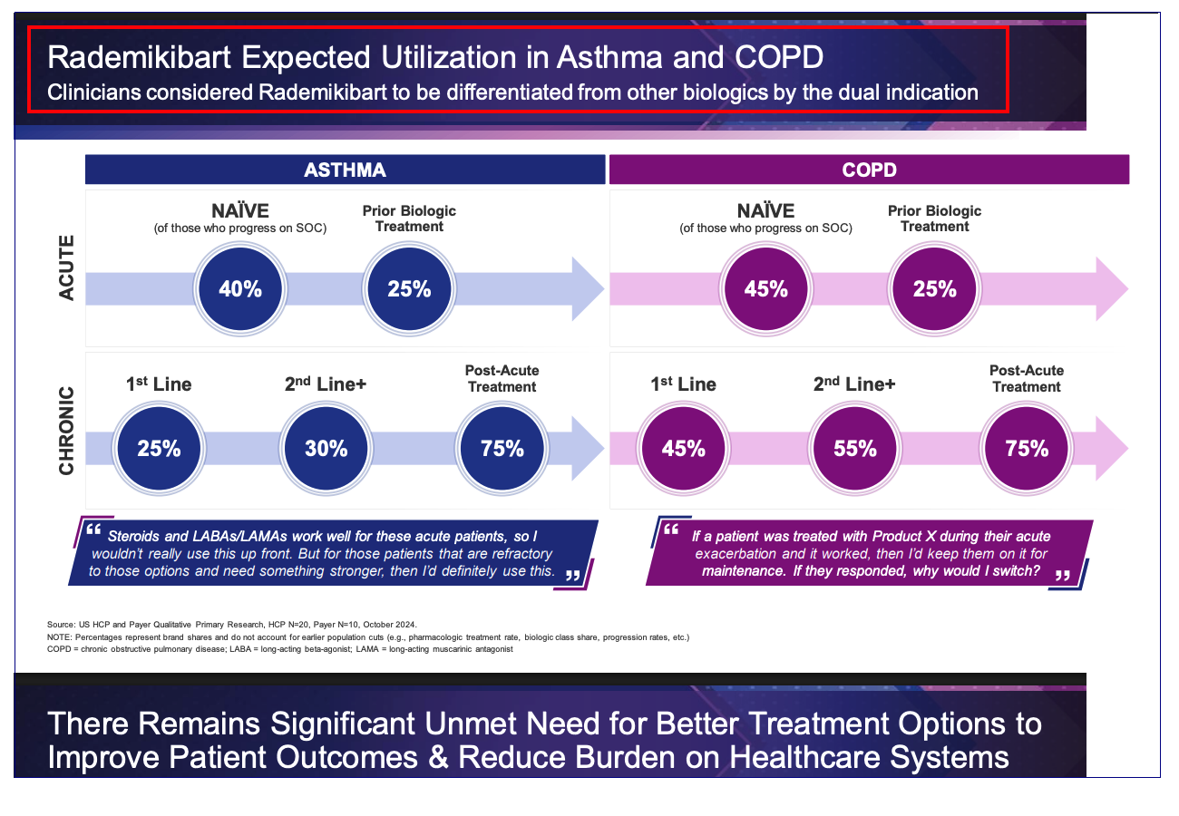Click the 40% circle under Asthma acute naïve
pos(240,289)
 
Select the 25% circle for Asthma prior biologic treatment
pos(409,289)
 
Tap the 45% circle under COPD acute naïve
pos(766,289)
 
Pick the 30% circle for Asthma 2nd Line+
pos(326,448)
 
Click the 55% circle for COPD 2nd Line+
pos(855,448)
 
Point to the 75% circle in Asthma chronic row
pos(502,448)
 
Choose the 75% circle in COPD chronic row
pos(1027,448)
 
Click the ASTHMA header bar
pos(345,170)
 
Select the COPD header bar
pos(869,170)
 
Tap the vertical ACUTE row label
pos(67,267)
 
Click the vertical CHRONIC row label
pos(67,432)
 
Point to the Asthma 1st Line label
pos(159,384)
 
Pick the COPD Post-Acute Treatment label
pos(1026,378)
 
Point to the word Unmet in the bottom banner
pos(492,724)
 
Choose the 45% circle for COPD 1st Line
pos(683,448)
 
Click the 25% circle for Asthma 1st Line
pos(159,448)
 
